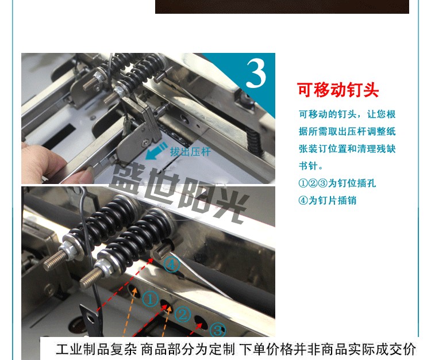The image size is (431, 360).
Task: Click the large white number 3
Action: pos(256,73)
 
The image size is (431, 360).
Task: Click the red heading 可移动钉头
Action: pos(338,90)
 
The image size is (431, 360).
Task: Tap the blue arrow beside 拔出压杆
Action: pos(156,151)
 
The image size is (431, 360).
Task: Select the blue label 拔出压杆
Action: pos(190,152)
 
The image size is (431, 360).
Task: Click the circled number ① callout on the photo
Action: pos(150,299)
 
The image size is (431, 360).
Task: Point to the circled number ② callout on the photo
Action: pos(183,315)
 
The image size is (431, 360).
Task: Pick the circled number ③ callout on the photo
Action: pos(217,330)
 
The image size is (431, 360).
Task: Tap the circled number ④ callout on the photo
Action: pos(172,265)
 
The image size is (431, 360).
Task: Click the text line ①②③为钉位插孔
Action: pos(337,183)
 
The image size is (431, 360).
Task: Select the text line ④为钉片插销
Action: pos(328,200)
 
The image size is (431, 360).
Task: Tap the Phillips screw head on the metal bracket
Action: pos(145,143)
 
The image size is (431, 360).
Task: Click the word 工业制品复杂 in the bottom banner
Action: pos(96,349)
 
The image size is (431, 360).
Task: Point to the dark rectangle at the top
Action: pos(282,6)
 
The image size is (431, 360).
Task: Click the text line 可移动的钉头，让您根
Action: pos(347,114)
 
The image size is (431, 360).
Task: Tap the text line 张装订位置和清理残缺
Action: pos(347,149)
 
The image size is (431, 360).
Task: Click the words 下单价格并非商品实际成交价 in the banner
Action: pos(328,349)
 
